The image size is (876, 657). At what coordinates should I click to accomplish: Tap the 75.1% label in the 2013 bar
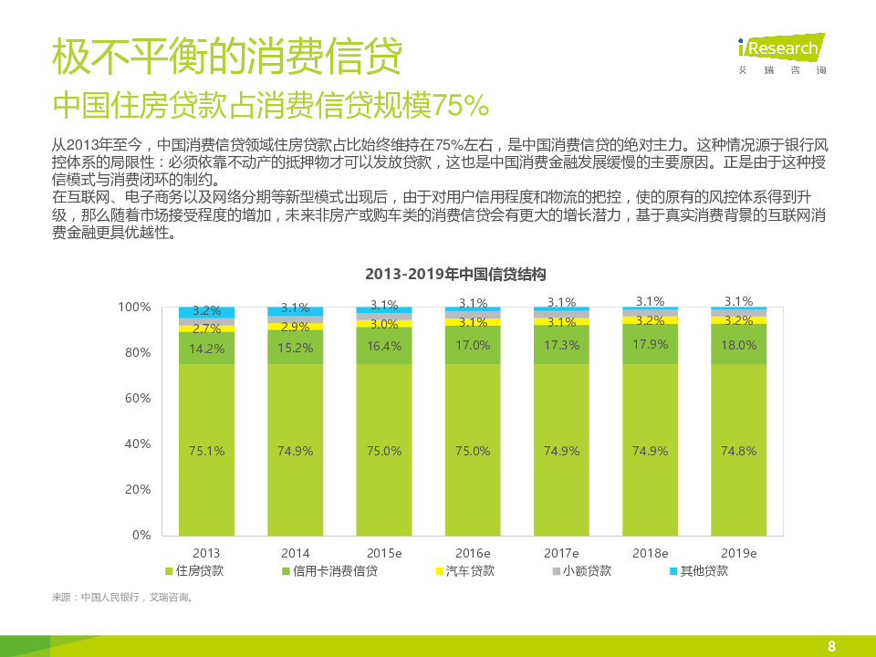[x=206, y=451]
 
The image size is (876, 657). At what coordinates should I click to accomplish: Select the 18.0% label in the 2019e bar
[x=738, y=345]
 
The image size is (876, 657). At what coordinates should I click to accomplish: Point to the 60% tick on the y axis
[x=136, y=398]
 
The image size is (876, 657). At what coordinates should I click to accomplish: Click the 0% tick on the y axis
[x=141, y=535]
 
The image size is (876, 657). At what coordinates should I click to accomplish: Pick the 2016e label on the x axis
[x=473, y=553]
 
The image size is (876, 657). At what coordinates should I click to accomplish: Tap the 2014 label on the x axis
[x=295, y=553]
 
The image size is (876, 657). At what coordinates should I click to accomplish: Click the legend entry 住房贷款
[x=194, y=571]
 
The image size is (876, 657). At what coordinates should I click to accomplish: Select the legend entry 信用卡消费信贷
[x=329, y=571]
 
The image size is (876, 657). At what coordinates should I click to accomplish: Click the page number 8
[x=831, y=646]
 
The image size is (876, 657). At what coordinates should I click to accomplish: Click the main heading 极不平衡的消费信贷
[x=227, y=58]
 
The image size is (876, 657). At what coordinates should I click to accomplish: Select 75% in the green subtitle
[x=461, y=106]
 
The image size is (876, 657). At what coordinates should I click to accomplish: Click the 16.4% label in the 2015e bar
[x=384, y=346]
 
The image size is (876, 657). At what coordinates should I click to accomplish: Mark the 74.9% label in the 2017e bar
[x=561, y=451]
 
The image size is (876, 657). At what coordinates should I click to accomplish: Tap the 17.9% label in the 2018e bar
[x=650, y=344]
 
